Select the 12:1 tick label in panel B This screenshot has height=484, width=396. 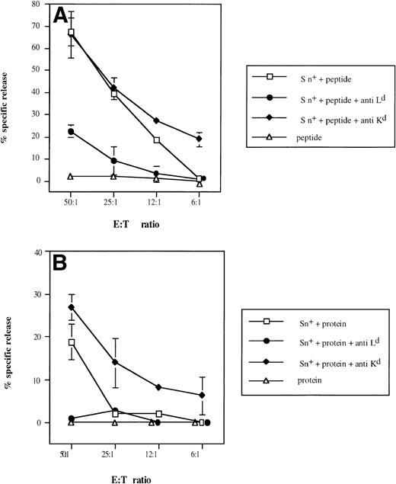click(x=158, y=455)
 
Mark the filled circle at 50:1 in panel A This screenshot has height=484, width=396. click(x=72, y=132)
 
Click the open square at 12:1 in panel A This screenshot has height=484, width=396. click(x=157, y=140)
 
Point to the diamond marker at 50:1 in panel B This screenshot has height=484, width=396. click(x=72, y=307)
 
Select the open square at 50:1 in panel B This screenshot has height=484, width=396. click(x=72, y=342)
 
